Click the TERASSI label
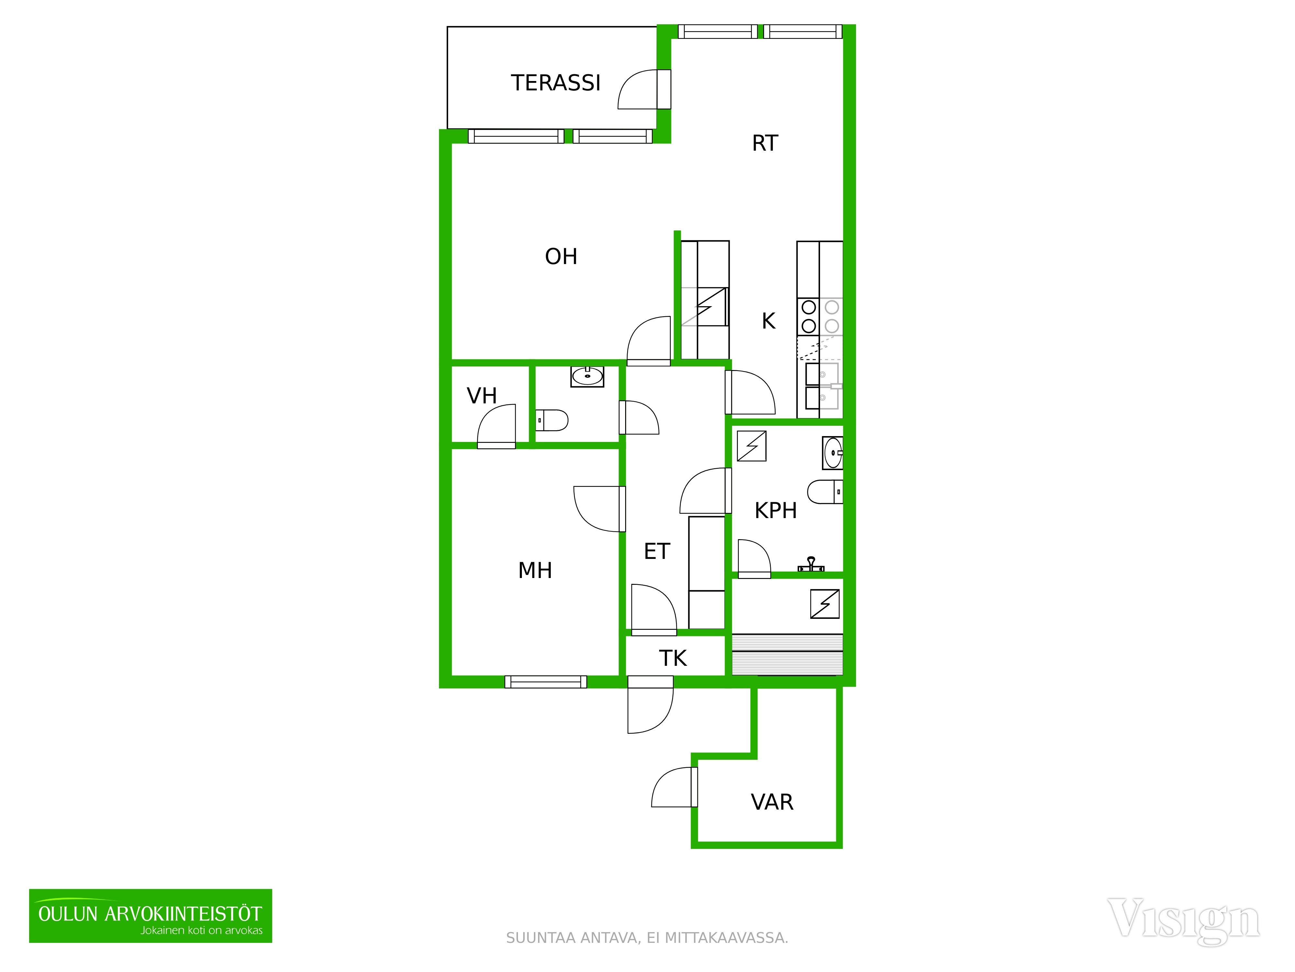(x=556, y=83)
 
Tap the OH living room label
(x=561, y=257)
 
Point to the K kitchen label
(x=768, y=321)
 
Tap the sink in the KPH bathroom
(x=832, y=453)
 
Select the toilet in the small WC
(x=551, y=420)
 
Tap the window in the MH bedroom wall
(x=546, y=682)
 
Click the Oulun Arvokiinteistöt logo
(x=151, y=916)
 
